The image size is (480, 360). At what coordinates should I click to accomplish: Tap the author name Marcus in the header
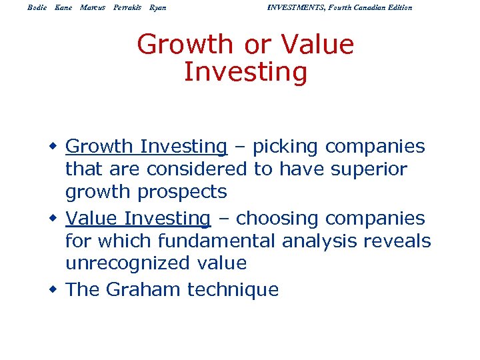92,7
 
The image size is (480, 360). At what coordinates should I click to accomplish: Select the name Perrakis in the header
127,7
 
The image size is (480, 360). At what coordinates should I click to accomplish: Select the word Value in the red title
318,45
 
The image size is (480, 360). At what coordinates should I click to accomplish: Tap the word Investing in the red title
245,72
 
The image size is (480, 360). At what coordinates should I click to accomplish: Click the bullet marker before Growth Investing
56,147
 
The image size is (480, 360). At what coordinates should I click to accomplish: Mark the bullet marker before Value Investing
56,219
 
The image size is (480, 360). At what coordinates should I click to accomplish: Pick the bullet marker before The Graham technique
56,290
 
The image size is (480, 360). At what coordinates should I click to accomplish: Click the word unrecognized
121,263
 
